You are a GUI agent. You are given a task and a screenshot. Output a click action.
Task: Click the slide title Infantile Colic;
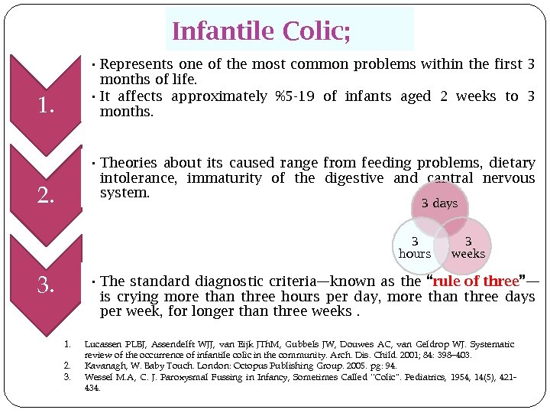261,31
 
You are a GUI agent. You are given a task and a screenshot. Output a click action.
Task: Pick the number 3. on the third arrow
46,286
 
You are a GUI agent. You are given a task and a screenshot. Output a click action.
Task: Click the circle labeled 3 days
440,203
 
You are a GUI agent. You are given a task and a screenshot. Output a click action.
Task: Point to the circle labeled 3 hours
414,247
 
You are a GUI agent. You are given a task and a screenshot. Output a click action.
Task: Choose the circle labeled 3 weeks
468,247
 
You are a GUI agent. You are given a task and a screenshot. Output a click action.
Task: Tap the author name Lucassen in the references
104,345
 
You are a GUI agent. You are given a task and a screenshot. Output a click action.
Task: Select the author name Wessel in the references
98,377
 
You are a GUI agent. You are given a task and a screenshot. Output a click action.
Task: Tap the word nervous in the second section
508,178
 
